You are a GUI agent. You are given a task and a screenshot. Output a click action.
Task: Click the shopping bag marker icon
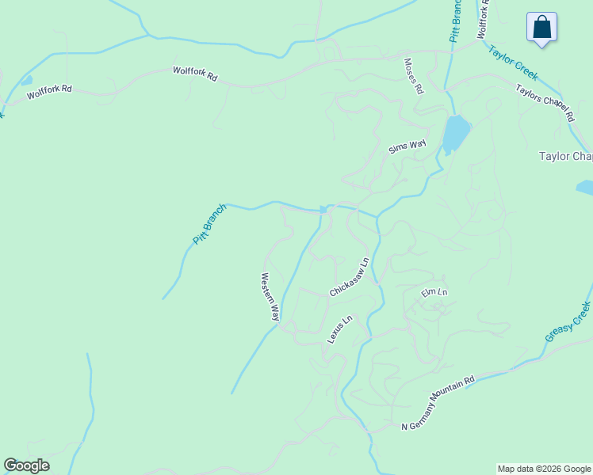click(x=541, y=26)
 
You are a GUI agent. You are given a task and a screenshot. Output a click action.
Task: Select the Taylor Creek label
click(x=513, y=63)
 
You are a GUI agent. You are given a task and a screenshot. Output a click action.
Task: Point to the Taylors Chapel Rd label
click(x=545, y=102)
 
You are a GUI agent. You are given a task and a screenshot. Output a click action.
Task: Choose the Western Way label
click(x=270, y=297)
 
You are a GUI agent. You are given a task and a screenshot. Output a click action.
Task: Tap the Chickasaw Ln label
click(x=350, y=277)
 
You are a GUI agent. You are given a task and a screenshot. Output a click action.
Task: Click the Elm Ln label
click(x=434, y=293)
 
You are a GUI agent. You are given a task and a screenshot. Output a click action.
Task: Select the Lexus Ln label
click(x=339, y=329)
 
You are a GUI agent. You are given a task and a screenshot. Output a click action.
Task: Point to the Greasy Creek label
click(x=568, y=321)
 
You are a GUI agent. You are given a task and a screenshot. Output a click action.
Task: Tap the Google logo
click(x=26, y=465)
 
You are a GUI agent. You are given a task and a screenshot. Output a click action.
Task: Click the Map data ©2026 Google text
click(x=544, y=469)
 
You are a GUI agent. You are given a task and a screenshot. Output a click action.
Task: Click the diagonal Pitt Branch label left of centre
click(x=210, y=223)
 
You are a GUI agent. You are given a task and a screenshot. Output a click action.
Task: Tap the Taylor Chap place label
click(x=565, y=157)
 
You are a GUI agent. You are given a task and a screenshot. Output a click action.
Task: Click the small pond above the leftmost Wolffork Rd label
click(x=26, y=80)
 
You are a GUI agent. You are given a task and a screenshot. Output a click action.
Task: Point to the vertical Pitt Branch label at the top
click(x=456, y=21)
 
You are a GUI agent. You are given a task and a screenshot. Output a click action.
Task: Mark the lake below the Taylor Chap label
click(x=585, y=188)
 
